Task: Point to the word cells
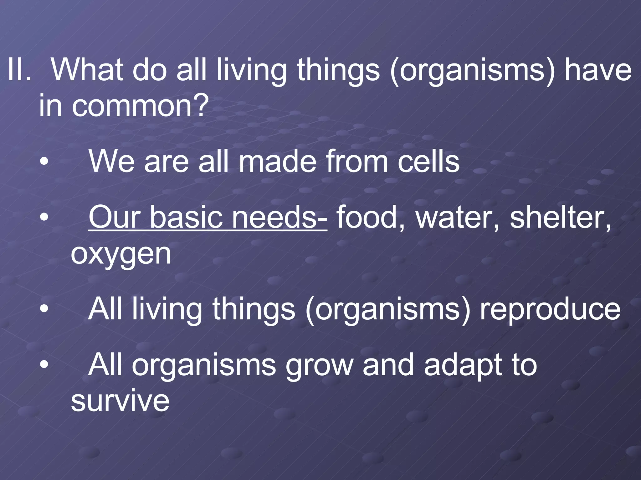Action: [x=428, y=161]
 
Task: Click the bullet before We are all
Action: [x=44, y=162]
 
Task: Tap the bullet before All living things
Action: [x=44, y=309]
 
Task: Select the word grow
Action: [x=319, y=366]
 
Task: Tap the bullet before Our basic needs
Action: [x=44, y=217]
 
